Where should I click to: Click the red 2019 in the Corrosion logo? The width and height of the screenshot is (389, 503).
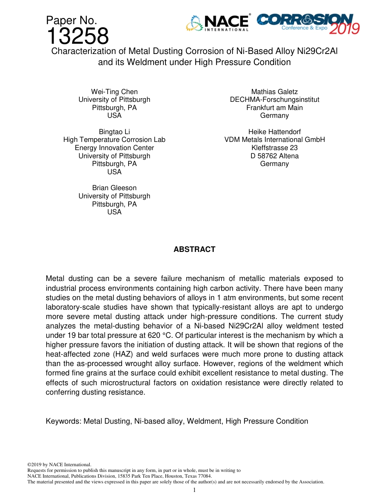tap(344, 29)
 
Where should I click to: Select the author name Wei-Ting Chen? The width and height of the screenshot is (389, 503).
tap(114, 92)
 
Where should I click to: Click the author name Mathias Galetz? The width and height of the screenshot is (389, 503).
tap(274, 92)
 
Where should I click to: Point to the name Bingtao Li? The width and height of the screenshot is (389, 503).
tap(114, 132)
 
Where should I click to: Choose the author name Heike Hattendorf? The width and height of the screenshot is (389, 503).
tap(274, 132)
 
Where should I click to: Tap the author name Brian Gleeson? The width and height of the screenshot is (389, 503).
tap(114, 188)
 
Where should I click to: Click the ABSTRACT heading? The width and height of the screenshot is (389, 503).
tap(194, 249)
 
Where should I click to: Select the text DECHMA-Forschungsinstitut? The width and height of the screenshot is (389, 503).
tap(274, 99)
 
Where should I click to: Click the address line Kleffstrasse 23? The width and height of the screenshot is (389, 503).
tap(274, 148)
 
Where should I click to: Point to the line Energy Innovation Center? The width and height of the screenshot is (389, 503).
tap(114, 148)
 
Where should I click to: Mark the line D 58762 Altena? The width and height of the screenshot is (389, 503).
tap(274, 156)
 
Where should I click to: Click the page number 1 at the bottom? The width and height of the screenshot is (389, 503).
tap(194, 490)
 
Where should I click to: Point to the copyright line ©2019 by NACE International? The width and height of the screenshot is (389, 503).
tap(59, 465)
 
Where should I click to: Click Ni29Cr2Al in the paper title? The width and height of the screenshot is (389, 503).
tap(317, 51)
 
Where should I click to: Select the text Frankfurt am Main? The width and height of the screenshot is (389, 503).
tap(274, 108)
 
